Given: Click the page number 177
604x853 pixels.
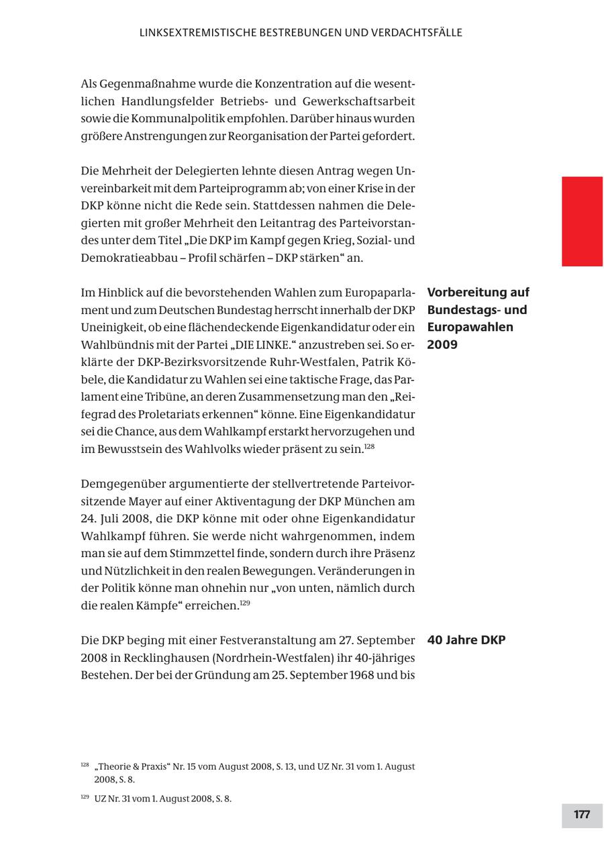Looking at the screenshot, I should tap(581, 815).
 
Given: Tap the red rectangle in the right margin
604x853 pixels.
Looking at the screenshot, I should tap(582, 221).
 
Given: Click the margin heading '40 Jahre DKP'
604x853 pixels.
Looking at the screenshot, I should tap(466, 640).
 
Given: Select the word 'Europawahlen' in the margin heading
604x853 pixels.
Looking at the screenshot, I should tap(470, 328).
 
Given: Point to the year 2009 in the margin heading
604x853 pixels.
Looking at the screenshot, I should tap(442, 345).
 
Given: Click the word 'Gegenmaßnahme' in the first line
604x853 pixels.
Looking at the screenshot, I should tap(141, 85).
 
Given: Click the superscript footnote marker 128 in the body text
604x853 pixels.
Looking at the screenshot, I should tap(369, 446).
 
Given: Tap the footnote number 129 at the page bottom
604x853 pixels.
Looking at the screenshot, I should tap(85, 797).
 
